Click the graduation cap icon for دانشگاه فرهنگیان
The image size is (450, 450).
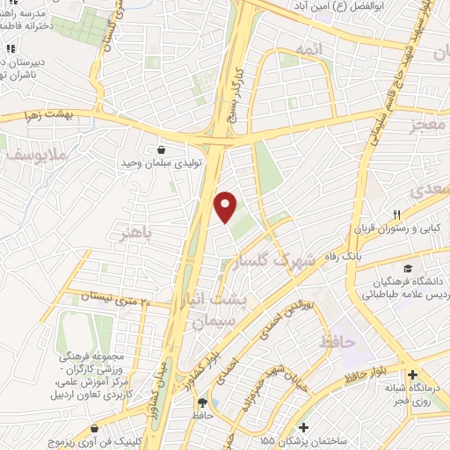click(x=406, y=268)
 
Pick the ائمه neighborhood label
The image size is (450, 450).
click(x=313, y=52)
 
